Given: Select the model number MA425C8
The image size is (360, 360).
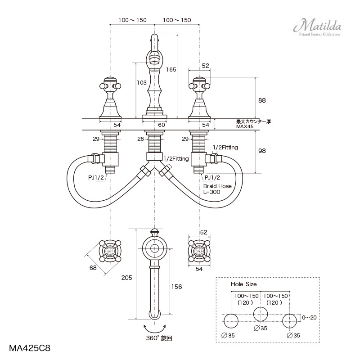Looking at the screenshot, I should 30,348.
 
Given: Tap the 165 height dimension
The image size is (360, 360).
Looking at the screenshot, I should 171,70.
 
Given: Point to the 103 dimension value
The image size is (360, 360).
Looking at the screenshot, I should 141,83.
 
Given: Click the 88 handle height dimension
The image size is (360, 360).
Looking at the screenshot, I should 262,100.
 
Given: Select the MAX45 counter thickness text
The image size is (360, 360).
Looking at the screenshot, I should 245,127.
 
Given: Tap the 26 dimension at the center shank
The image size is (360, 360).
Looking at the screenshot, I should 141,139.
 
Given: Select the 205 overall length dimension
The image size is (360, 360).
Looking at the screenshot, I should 127,278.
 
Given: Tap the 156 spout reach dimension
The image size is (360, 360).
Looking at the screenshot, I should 177,287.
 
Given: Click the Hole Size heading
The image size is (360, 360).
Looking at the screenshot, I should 243,284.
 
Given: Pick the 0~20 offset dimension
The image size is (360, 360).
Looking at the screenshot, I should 309,317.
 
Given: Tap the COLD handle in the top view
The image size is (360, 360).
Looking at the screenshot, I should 199,250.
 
